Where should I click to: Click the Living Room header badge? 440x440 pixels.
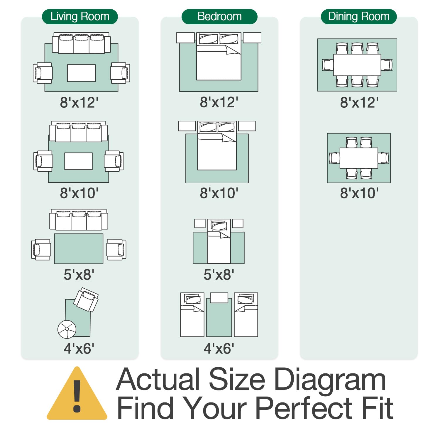[x=80, y=17]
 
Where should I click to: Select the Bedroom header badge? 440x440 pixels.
[x=219, y=17]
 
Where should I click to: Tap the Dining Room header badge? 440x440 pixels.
[x=359, y=17]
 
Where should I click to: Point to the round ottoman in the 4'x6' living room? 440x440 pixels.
[x=67, y=329]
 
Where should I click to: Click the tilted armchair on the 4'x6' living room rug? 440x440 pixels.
[x=86, y=299]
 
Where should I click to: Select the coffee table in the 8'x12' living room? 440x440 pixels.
[x=81, y=73]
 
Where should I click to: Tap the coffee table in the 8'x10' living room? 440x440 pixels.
[x=78, y=161]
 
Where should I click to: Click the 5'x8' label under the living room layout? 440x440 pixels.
[x=79, y=275]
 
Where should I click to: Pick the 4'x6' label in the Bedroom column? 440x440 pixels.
[x=219, y=348]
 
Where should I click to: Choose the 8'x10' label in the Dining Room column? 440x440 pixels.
[x=359, y=193]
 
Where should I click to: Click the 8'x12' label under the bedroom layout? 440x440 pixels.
[x=219, y=102]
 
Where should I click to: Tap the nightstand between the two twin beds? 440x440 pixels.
[x=219, y=298]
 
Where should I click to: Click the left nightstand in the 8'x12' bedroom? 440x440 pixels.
[x=185, y=38]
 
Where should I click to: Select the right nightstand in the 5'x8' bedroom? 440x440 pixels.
[x=238, y=223]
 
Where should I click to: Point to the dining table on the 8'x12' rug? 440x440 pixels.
[x=357, y=65]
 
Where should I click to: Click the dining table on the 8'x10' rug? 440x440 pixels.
[x=359, y=158]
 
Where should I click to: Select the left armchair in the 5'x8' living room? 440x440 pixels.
[x=41, y=250]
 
